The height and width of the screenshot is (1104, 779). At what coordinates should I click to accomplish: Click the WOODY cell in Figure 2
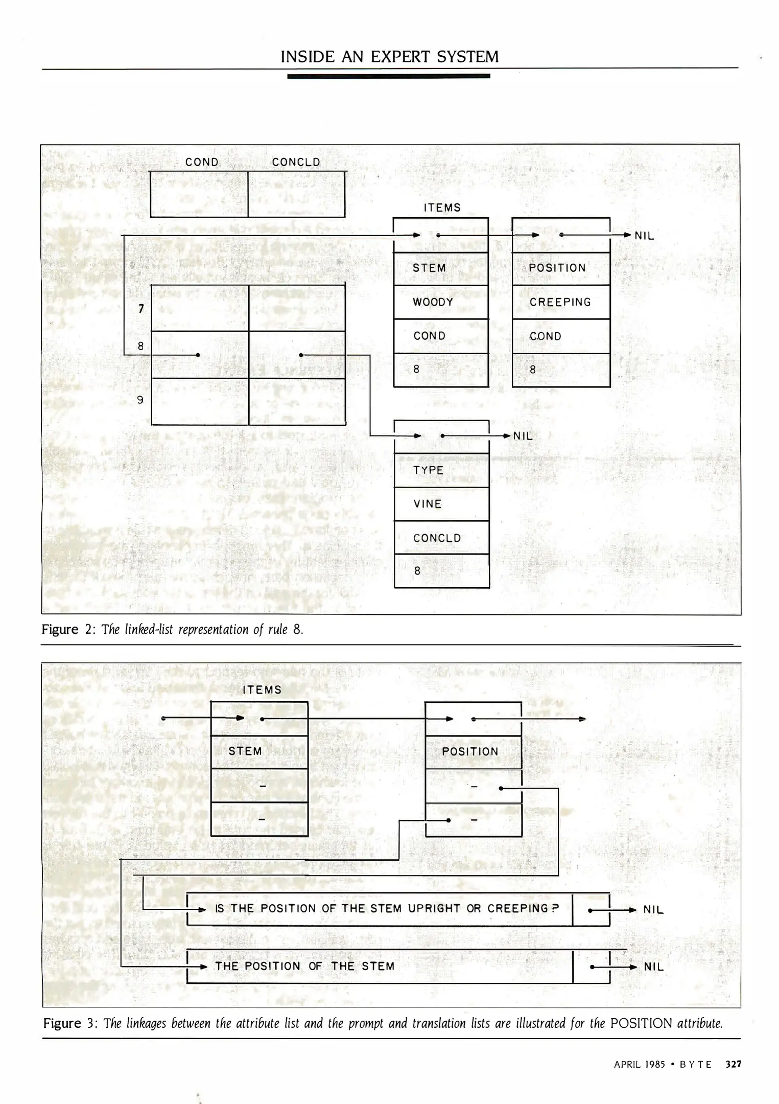[x=433, y=302]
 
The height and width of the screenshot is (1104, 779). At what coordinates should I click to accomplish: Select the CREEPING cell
[x=560, y=302]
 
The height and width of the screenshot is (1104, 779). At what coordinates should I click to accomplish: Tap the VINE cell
[x=428, y=504]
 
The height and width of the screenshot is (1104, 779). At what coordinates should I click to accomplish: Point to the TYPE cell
[x=428, y=470]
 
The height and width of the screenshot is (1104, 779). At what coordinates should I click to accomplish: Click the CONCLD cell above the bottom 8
[x=437, y=538]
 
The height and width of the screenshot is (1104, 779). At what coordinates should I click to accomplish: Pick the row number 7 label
[x=141, y=308]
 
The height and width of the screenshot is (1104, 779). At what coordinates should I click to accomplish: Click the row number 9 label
[x=140, y=400]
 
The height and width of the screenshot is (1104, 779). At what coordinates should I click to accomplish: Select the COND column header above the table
[x=202, y=162]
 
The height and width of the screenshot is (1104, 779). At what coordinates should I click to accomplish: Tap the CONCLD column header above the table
[x=296, y=162]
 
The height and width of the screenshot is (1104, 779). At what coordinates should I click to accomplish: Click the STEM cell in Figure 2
[x=429, y=268]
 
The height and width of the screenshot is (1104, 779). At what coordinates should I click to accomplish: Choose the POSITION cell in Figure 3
[x=470, y=752]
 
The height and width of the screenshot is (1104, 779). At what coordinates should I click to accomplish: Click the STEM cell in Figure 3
[x=245, y=751]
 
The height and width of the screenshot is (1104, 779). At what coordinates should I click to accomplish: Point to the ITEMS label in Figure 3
[x=262, y=690]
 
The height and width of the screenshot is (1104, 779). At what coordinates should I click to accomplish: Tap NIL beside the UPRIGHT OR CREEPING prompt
[x=653, y=910]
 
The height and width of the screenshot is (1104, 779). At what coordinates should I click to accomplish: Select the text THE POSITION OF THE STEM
[x=305, y=966]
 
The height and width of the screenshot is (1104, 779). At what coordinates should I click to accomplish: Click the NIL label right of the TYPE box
[x=523, y=436]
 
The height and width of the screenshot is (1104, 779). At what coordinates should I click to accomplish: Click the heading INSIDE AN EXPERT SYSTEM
[x=390, y=56]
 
